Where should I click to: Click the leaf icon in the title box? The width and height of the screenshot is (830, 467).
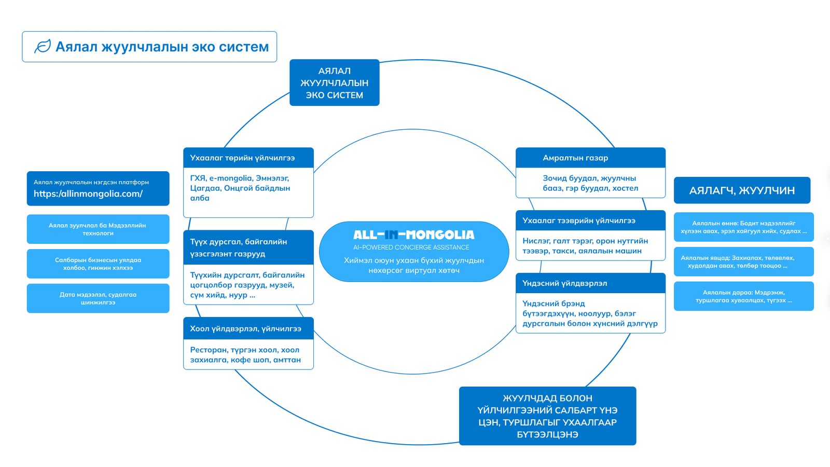point(42,46)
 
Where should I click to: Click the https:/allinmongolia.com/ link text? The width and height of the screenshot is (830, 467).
point(88,194)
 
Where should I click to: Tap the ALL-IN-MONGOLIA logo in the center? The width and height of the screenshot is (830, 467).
point(414,235)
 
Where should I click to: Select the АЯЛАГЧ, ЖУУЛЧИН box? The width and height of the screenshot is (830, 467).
point(742,190)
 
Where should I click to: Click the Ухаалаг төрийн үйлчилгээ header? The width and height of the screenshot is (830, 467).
point(248,158)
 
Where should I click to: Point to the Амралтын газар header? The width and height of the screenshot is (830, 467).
point(590,158)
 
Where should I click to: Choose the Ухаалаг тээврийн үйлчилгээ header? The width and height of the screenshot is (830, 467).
point(590,220)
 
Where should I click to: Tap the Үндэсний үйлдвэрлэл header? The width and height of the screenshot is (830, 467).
point(590,283)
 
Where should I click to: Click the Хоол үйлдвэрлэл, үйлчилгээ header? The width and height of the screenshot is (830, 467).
point(248,328)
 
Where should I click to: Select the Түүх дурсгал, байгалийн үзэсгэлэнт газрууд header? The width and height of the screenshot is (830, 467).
point(248,247)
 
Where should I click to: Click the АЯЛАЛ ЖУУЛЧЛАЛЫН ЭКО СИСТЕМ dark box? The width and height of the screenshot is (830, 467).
point(334,83)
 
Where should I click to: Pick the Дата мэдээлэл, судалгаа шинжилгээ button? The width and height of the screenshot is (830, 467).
point(98,298)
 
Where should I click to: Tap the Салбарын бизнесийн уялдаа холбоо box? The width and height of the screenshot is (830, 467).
point(98,264)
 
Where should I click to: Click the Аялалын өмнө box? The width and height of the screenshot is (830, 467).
point(744,227)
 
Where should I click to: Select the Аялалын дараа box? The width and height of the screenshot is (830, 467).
point(744,296)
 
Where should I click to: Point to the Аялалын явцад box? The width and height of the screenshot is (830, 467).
point(744,262)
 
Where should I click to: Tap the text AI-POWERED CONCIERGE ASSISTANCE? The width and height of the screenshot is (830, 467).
point(411,247)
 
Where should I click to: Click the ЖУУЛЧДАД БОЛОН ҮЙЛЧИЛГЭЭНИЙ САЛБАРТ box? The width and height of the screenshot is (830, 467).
point(547,416)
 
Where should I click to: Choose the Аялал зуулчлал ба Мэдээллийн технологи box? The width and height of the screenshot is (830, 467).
point(98,229)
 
